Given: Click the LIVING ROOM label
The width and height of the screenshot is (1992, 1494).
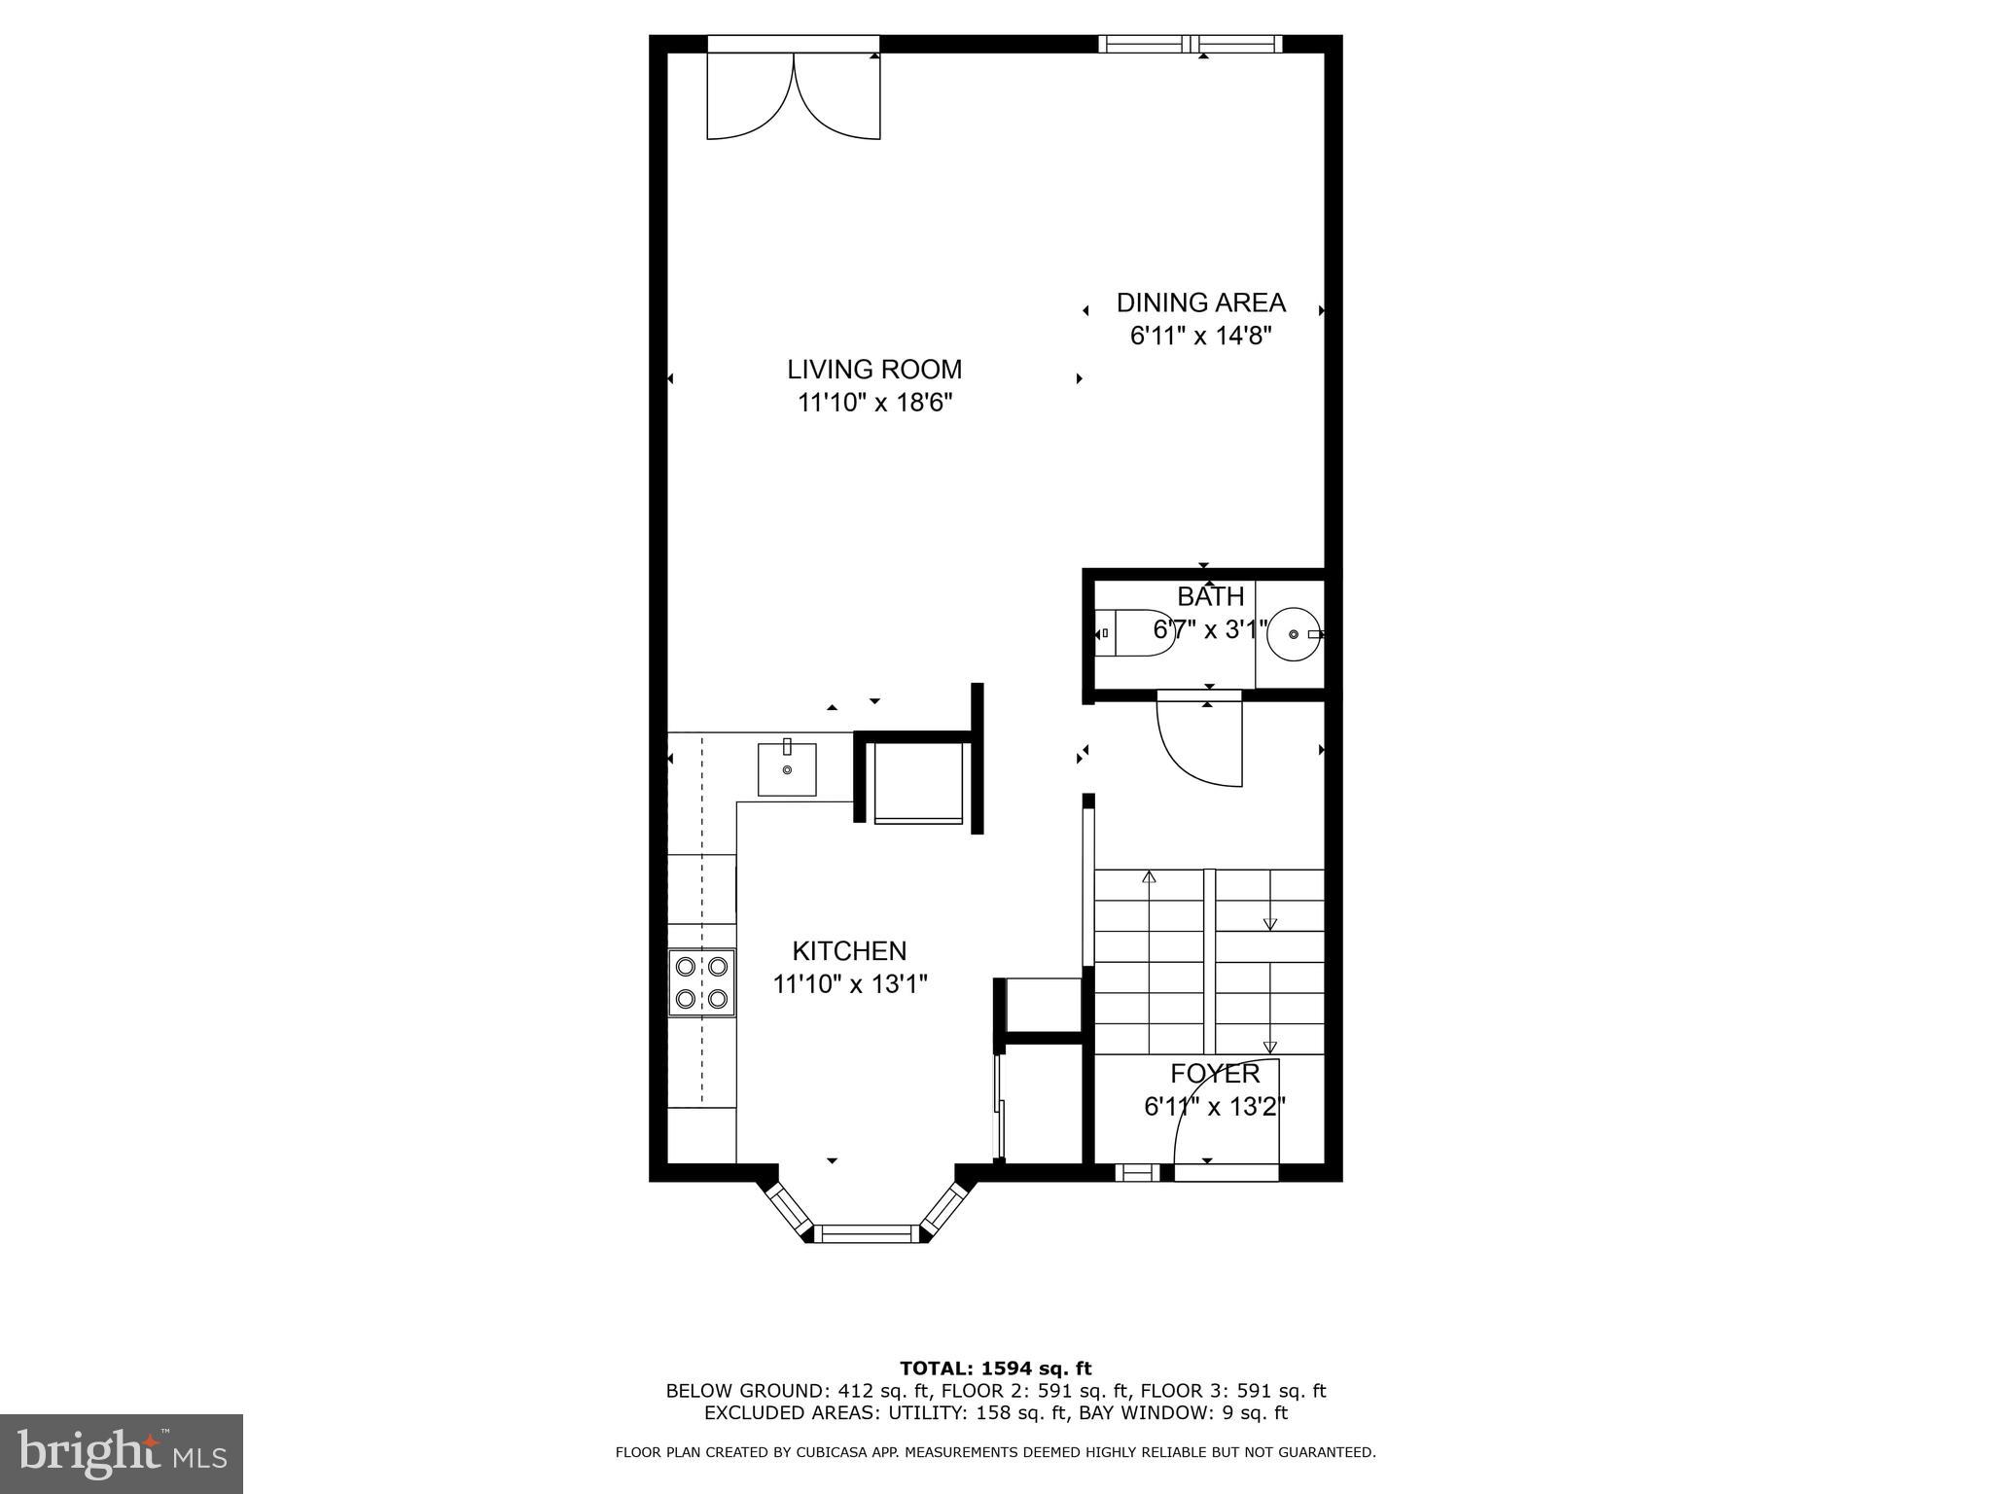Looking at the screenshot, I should click(x=873, y=370).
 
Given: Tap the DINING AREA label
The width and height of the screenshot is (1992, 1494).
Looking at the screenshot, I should click(x=1200, y=303).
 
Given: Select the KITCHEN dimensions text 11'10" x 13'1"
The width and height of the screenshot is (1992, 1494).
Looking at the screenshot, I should click(x=850, y=984).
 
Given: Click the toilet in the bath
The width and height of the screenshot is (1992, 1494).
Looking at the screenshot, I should click(x=1134, y=633).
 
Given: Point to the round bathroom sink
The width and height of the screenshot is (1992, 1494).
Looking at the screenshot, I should click(x=1294, y=633).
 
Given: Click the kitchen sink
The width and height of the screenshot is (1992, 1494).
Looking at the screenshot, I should click(x=787, y=769).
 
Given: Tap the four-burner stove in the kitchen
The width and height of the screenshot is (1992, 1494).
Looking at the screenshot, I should click(x=701, y=982).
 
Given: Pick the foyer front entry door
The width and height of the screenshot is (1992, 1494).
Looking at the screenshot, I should click(x=1226, y=1119).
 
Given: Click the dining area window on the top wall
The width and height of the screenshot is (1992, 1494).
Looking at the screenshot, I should click(x=1191, y=44).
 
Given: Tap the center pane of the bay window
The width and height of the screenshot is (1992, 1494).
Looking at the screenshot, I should click(x=866, y=1233).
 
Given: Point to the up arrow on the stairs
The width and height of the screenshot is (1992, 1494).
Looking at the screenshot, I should click(x=1149, y=877).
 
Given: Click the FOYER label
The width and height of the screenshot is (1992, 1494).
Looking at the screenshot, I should click(x=1215, y=1074).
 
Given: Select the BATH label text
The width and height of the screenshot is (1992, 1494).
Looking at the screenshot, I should click(x=1210, y=596).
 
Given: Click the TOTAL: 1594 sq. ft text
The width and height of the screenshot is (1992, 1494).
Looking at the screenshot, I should click(x=995, y=1369).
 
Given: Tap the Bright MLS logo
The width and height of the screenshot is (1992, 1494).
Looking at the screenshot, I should click(x=122, y=1454).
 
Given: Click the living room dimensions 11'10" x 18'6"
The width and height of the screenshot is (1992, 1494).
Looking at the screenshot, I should click(x=873, y=403).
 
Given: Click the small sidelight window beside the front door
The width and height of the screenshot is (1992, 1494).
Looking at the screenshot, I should click(x=1136, y=1173).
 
